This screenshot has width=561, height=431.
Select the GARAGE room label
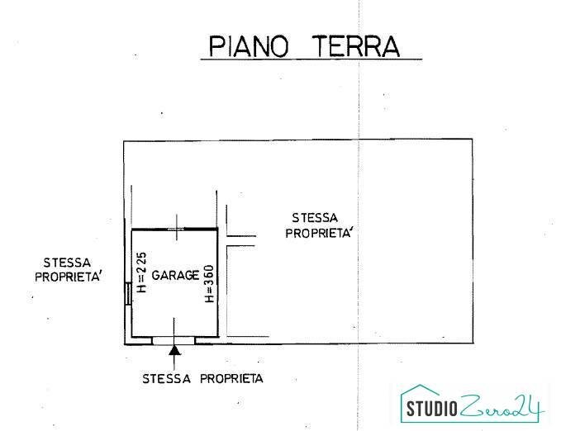coord(174,275)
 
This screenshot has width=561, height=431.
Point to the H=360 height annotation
coord(209,283)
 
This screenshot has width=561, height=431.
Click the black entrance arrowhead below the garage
coord(174,351)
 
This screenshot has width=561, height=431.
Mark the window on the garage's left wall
coord(128,293)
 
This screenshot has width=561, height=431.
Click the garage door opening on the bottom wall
coord(174,339)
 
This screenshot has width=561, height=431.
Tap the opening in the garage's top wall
coord(175,228)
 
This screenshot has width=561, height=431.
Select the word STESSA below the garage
coord(168,379)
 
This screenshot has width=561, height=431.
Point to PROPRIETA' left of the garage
coord(69,277)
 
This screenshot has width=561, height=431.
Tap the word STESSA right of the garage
coord(314,218)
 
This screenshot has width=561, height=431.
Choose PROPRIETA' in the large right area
coord(320,233)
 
